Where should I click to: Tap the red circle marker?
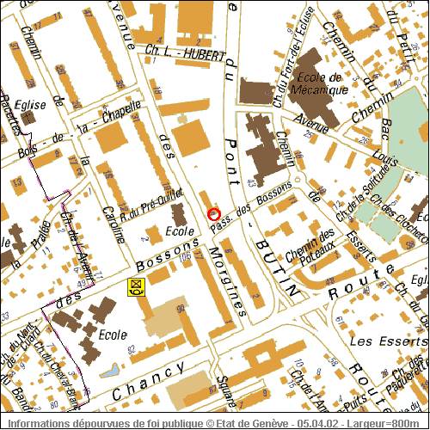[214, 213]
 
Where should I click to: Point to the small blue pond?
[110, 372]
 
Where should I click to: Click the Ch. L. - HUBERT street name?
[184, 53]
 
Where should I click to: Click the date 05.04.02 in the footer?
[318, 423]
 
